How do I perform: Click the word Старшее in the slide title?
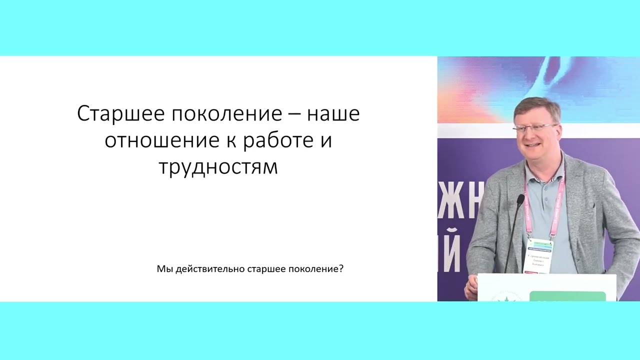coord(120,114)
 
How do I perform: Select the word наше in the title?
coord(333,114)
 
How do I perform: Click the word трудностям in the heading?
coord(218,167)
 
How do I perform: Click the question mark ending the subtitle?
coord(341,269)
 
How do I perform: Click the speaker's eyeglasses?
coord(534,127)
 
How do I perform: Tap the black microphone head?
coord(520,200)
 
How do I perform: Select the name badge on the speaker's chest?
coord(538,255)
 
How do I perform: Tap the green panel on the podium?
coord(567,296)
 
